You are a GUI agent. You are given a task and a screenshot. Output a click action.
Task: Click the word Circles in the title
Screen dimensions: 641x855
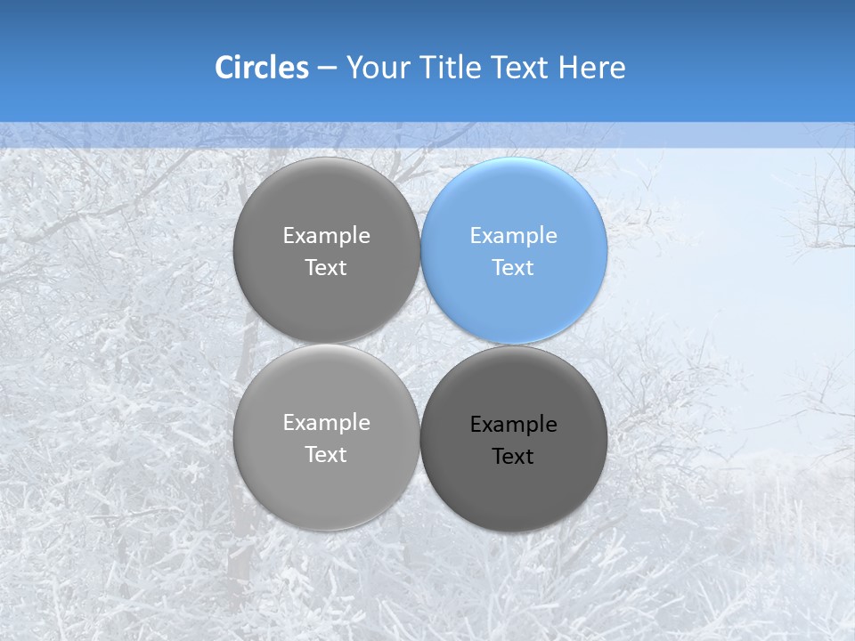pyautogui.click(x=261, y=68)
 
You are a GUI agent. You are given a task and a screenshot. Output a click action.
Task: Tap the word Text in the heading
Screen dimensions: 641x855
pyautogui.click(x=521, y=68)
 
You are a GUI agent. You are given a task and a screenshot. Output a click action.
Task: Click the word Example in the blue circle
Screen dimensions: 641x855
pyautogui.click(x=513, y=236)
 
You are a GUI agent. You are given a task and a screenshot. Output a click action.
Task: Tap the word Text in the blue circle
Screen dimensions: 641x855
pyautogui.click(x=513, y=268)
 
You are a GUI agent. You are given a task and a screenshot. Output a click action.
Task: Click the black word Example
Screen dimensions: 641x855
pyautogui.click(x=513, y=425)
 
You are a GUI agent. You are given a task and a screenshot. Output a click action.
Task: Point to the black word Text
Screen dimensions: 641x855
pyautogui.click(x=513, y=457)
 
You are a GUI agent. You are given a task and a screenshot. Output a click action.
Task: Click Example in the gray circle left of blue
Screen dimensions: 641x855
pyautogui.click(x=326, y=236)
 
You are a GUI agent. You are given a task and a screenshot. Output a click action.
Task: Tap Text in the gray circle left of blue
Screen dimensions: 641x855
pyautogui.click(x=326, y=268)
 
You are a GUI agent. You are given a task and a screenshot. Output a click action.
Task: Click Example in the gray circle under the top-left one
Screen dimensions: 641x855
pyautogui.click(x=326, y=423)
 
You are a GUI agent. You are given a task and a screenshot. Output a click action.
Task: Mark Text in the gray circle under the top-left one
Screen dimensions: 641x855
pyautogui.click(x=326, y=455)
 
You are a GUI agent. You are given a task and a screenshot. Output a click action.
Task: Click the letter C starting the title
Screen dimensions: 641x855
pyautogui.click(x=224, y=68)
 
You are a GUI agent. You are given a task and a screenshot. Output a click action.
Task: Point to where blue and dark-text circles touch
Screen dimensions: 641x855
pyautogui.click(x=514, y=345)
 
